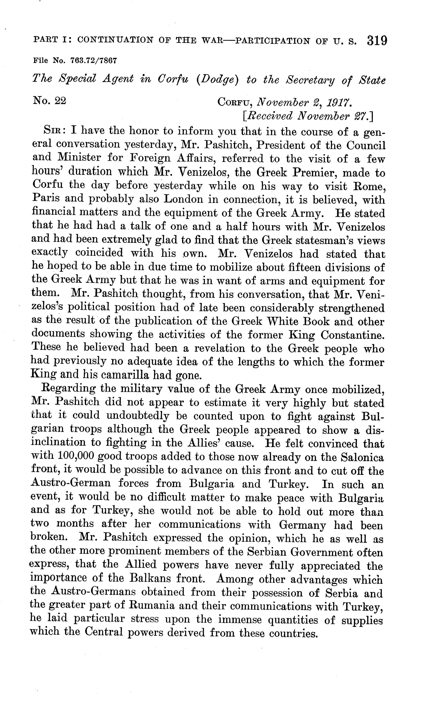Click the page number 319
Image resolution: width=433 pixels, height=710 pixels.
click(x=377, y=41)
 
